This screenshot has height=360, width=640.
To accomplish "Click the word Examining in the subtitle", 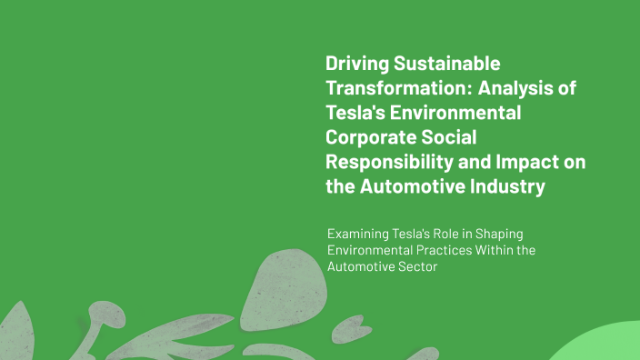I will (x=360, y=234).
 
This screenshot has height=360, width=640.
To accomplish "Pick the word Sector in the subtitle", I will (x=416, y=268).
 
